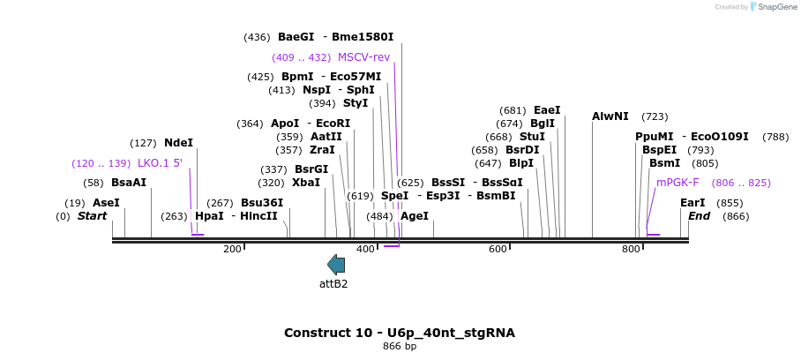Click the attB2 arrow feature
(336, 264)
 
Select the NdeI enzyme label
(178, 143)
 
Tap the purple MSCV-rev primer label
(363, 57)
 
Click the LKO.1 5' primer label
(160, 163)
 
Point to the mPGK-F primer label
(677, 183)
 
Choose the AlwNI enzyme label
(610, 116)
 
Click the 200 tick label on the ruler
(232, 250)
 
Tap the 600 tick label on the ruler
(498, 250)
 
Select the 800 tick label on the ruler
(631, 250)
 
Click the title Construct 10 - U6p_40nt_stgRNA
(399, 333)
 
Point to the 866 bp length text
(399, 347)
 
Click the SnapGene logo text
(773, 7)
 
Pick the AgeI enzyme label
(414, 216)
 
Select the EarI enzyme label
(692, 203)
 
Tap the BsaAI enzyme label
(129, 183)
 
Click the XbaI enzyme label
(306, 183)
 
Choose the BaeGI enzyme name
(296, 37)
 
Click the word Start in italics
(92, 216)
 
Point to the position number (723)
(655, 116)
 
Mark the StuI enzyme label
(532, 137)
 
